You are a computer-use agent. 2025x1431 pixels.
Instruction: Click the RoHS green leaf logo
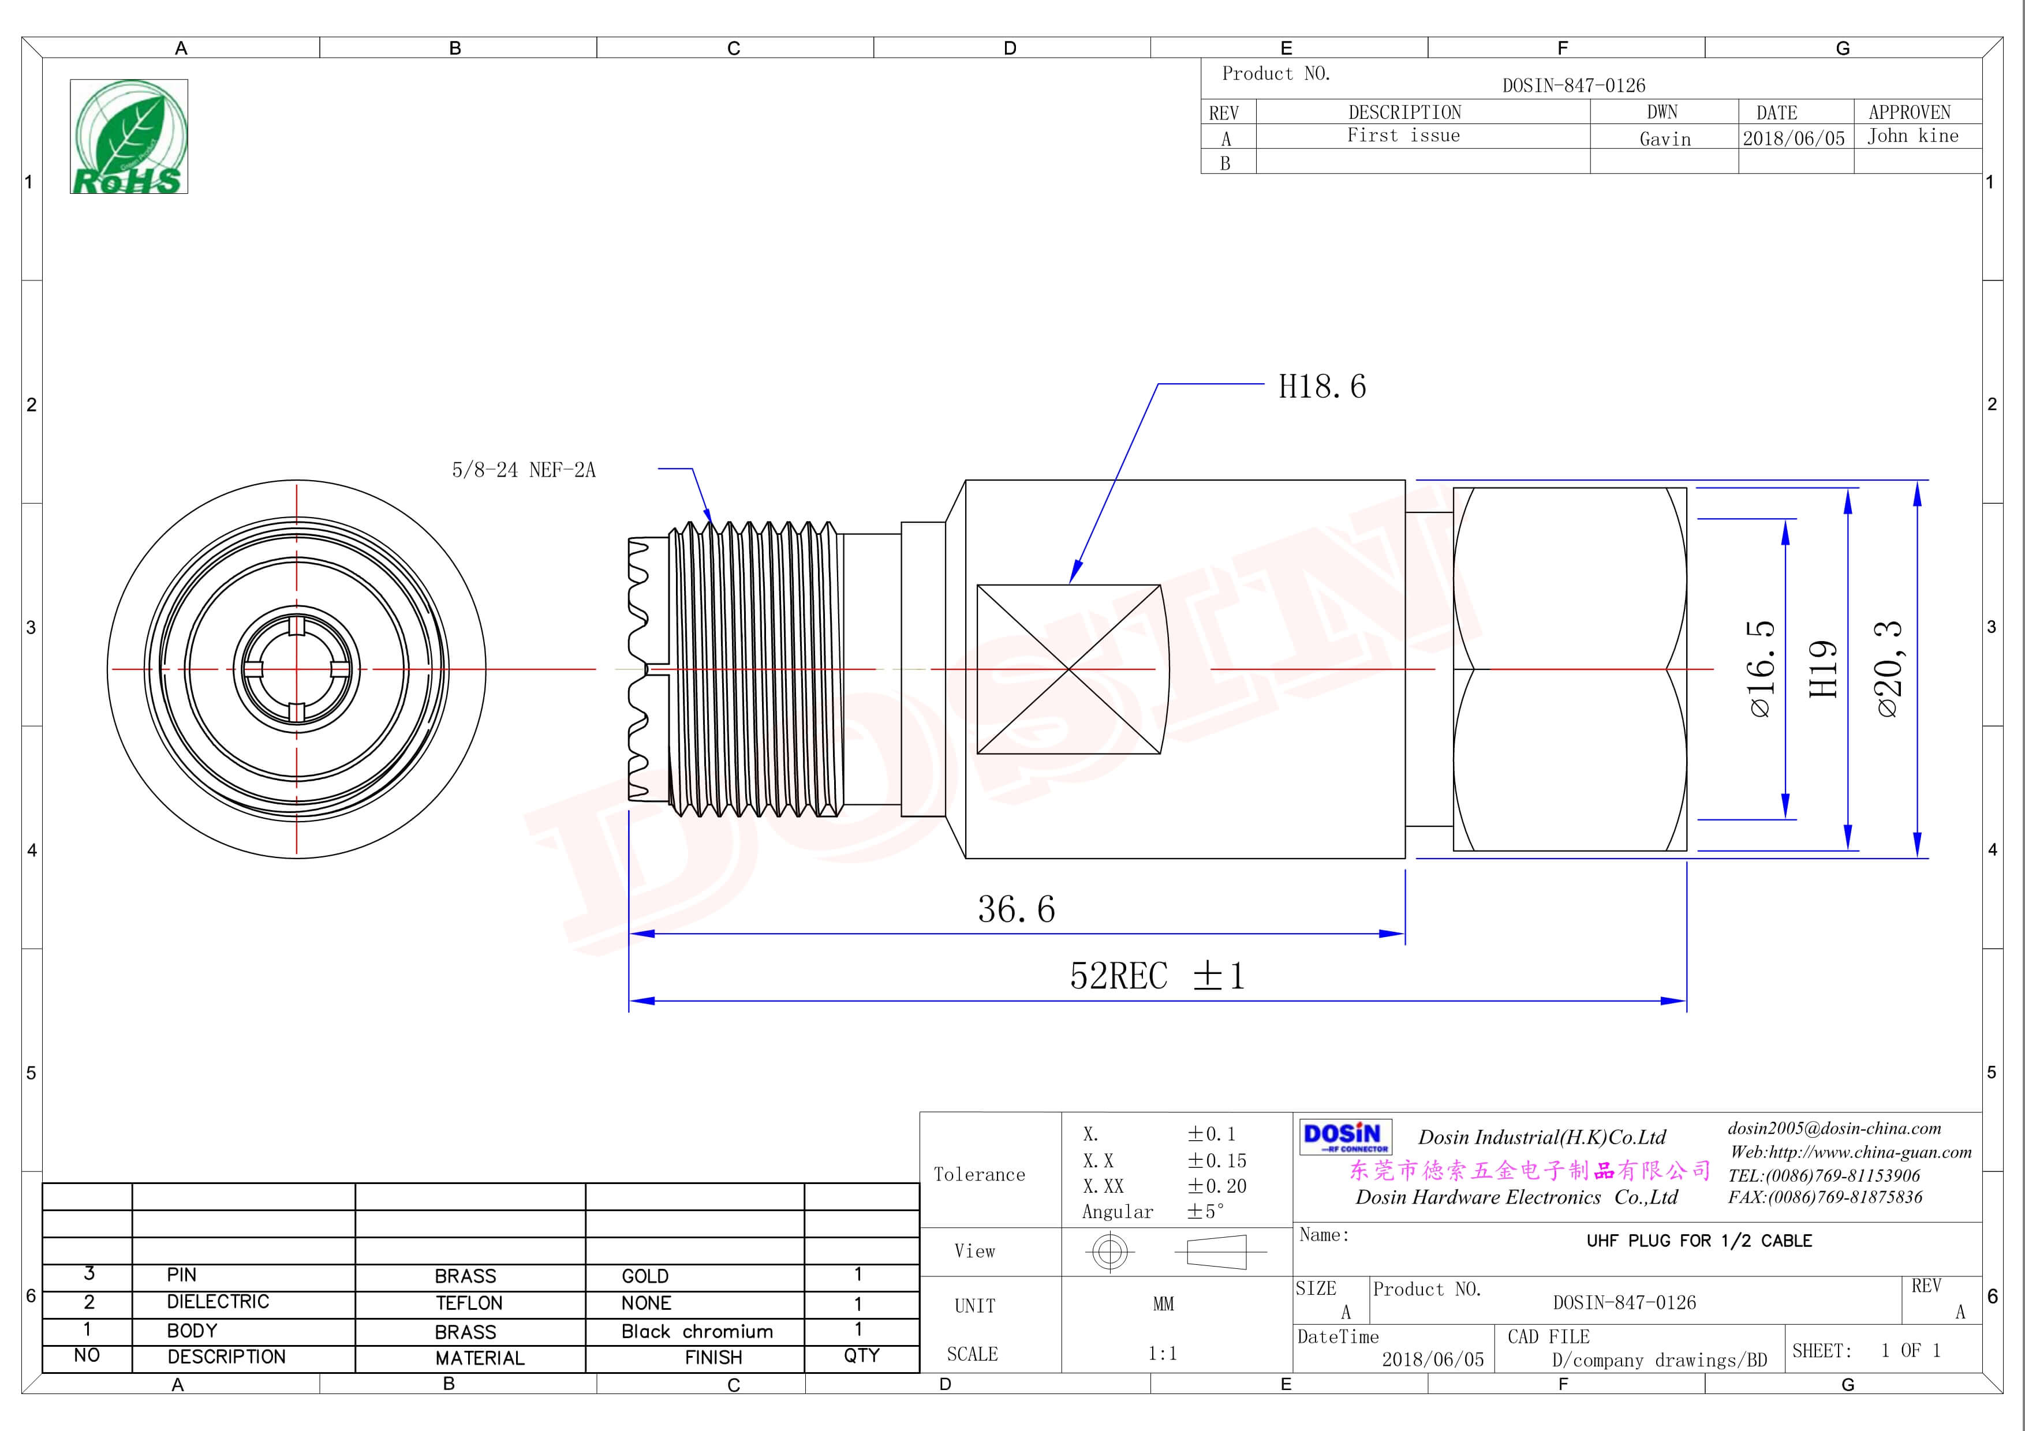point(129,137)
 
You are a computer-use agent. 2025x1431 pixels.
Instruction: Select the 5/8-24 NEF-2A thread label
point(524,470)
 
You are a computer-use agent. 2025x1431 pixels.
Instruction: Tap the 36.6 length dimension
point(1016,909)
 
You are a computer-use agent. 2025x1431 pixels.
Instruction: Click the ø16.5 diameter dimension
point(1759,669)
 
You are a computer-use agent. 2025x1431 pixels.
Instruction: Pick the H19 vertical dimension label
point(1822,669)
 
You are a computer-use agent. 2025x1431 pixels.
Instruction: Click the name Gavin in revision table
point(1664,138)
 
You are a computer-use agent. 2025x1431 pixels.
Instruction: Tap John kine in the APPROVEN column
point(1912,136)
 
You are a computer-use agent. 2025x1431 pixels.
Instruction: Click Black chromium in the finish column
point(697,1331)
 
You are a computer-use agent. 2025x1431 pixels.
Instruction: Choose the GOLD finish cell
point(645,1276)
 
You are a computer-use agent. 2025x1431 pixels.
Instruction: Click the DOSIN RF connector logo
point(1344,1137)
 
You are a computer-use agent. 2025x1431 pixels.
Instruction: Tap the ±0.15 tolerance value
point(1216,1160)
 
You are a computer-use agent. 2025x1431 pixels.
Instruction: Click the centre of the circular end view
point(296,669)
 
